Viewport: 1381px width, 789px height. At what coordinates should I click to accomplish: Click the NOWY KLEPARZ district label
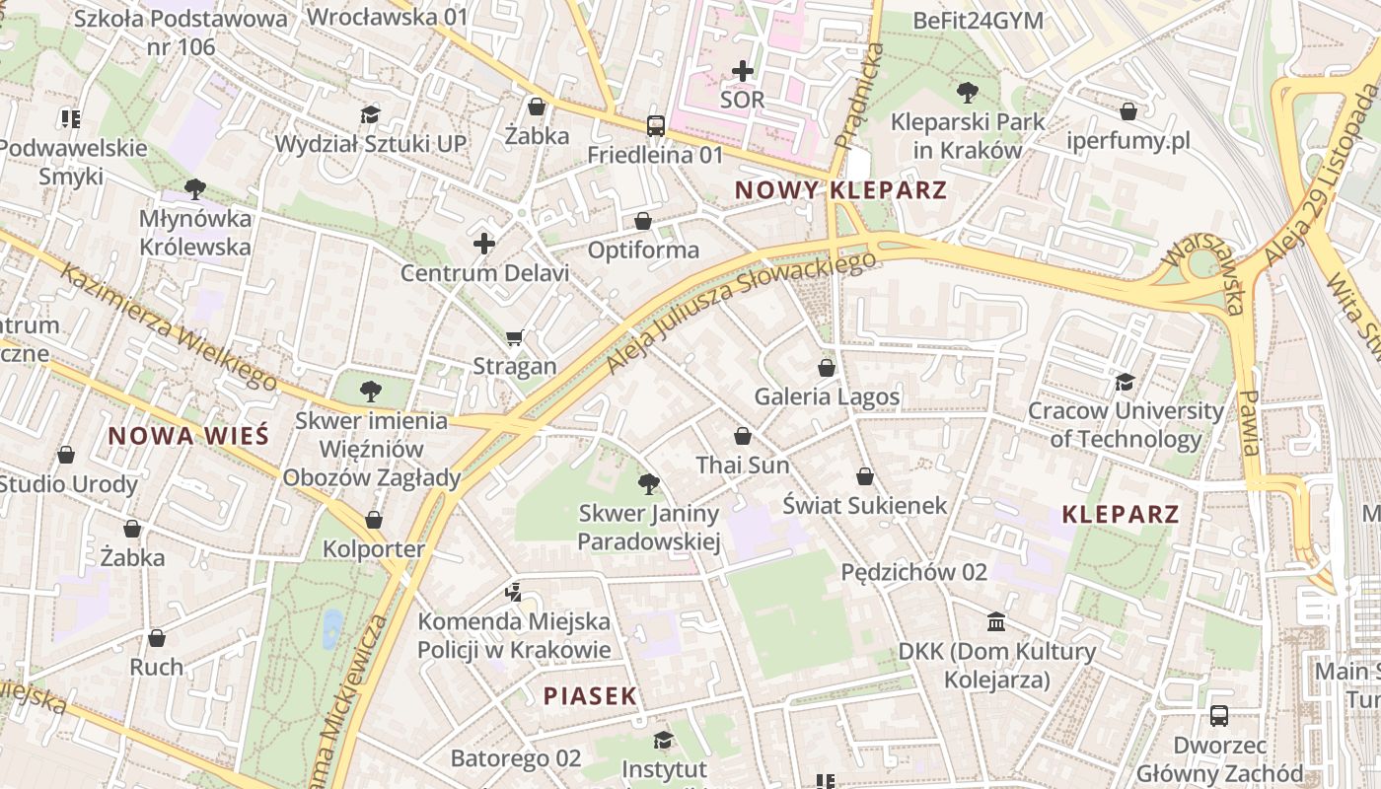click(x=840, y=190)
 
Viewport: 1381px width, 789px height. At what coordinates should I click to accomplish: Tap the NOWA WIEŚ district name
click(x=188, y=436)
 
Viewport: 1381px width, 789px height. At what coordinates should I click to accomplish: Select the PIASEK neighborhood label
click(x=590, y=695)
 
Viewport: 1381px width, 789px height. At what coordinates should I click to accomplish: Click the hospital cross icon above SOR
click(x=743, y=71)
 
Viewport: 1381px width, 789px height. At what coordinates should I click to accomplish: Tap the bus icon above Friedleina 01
click(x=655, y=126)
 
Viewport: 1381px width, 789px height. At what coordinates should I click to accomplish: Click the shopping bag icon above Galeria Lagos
click(x=827, y=368)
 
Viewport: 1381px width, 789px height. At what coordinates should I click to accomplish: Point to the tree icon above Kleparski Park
click(x=967, y=93)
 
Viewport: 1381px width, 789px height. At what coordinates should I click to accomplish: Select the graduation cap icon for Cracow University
click(x=1125, y=382)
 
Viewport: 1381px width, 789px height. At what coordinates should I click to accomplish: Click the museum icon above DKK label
click(x=996, y=622)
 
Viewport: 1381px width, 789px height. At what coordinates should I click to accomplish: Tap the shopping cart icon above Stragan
click(x=514, y=338)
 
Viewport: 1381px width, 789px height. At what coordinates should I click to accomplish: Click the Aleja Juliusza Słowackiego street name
click(x=740, y=313)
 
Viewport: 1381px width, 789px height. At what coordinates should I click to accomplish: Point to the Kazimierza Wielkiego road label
click(x=168, y=324)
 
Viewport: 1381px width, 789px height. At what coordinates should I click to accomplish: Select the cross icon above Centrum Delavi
click(x=484, y=244)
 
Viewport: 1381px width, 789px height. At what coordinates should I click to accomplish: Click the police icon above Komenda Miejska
click(x=513, y=593)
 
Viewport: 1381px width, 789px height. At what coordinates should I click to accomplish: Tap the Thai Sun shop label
click(x=743, y=465)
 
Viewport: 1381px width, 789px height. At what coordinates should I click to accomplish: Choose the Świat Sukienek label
click(x=864, y=505)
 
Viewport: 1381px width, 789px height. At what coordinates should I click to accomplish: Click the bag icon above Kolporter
click(x=374, y=520)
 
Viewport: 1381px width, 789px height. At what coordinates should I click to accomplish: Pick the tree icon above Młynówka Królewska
click(x=195, y=188)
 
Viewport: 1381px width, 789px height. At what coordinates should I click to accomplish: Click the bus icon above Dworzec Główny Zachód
click(x=1219, y=716)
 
